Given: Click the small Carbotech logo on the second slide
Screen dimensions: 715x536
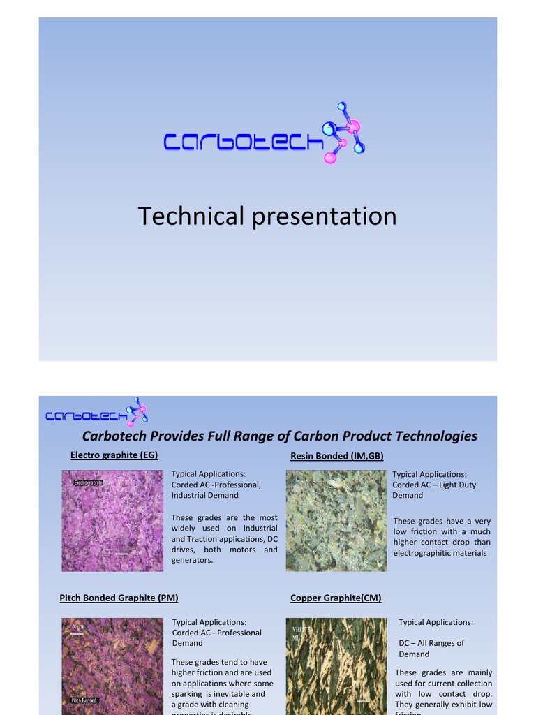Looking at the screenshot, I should coord(96,413).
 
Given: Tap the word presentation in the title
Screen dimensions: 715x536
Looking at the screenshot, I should coord(324,216).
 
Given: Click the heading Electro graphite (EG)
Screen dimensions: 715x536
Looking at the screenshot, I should coord(114,455).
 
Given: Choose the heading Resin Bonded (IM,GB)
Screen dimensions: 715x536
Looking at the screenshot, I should coord(336,456).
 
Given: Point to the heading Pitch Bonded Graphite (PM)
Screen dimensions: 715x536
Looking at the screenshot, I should coord(119,598).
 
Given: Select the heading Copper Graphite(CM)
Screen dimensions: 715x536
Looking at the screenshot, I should coord(336,598).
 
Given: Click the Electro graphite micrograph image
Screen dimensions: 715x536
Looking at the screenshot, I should coord(112,521).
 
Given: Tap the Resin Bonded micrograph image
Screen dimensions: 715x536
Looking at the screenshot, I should coord(336,521).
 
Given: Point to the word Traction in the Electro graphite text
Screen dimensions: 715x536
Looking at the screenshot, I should coord(203,539).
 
